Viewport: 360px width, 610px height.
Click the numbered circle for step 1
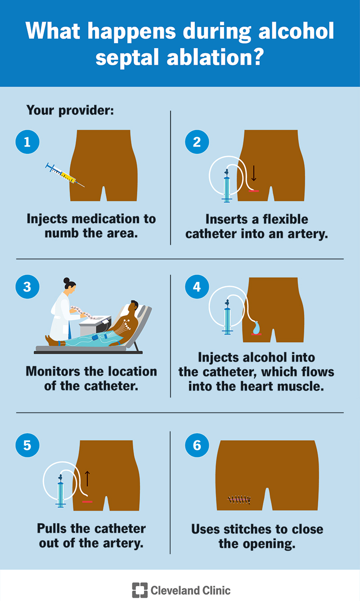coord(27,142)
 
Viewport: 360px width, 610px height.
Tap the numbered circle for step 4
coord(197,287)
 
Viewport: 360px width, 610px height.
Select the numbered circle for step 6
coord(197,445)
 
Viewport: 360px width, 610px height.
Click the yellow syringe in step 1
coord(65,175)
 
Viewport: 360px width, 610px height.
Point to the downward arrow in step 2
coord(253,173)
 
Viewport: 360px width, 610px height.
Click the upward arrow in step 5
coord(87,479)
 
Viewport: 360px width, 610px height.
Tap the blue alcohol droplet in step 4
coord(256,327)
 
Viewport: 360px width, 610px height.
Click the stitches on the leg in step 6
coord(239,500)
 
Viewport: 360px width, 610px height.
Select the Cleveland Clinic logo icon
coord(139,590)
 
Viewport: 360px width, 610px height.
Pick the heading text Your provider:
coord(70,111)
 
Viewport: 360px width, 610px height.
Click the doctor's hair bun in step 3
coord(67,280)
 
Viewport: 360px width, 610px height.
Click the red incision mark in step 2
coord(253,191)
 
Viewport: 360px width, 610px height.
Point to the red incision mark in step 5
coord(87,502)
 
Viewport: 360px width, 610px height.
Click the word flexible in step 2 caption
coord(284,219)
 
